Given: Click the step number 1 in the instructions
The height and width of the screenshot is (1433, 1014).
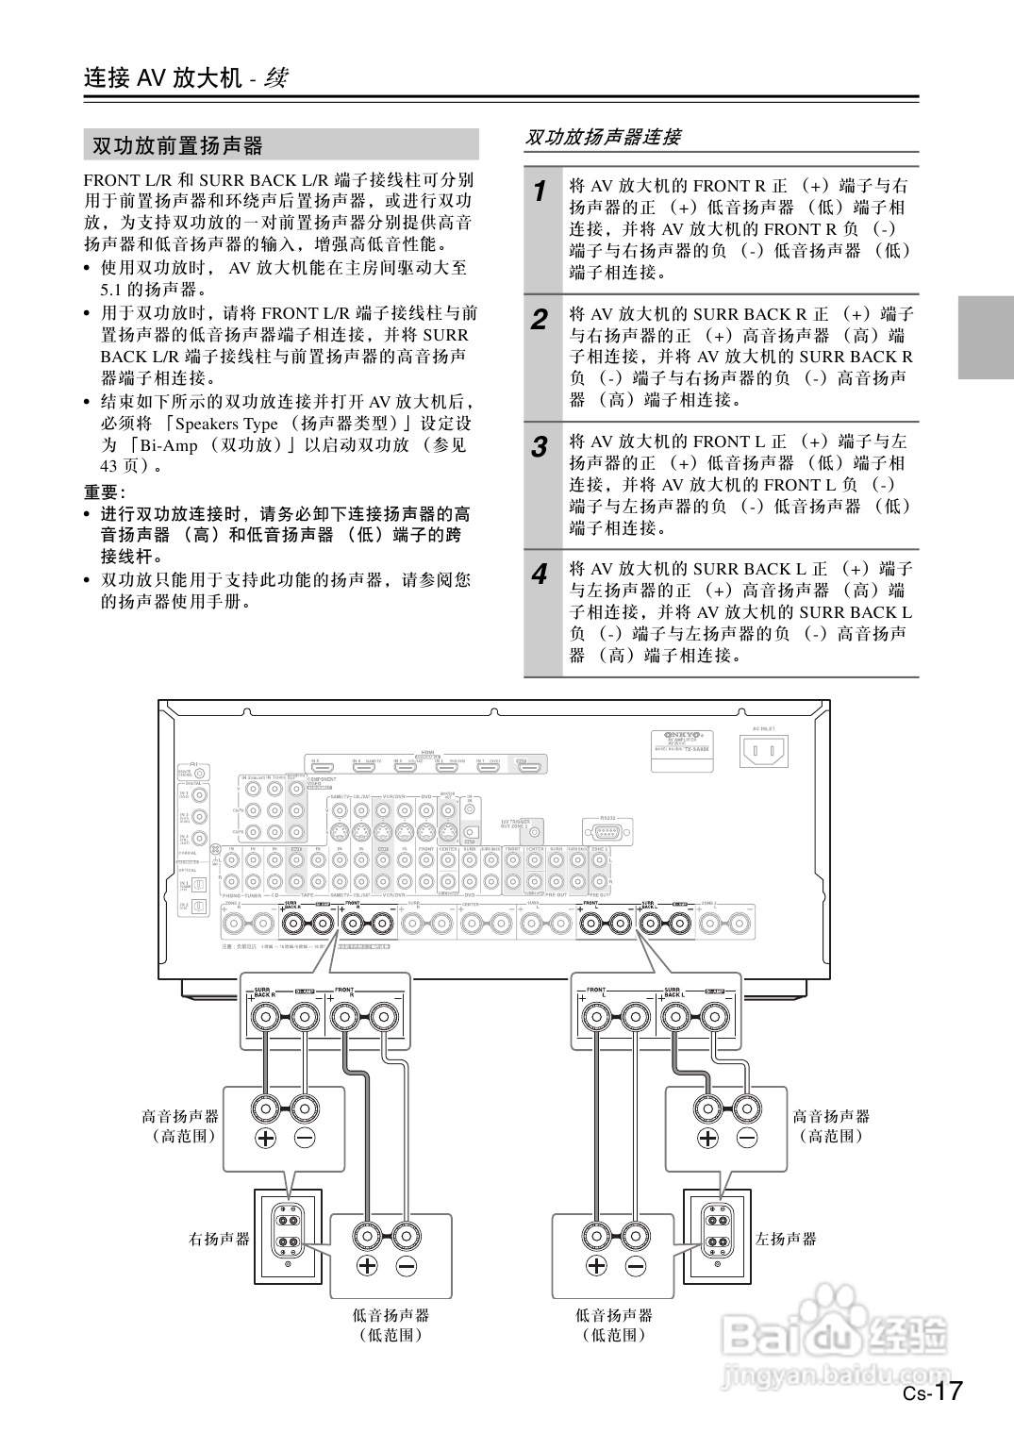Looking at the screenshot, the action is (540, 191).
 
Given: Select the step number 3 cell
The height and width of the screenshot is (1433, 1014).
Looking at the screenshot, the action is (540, 446).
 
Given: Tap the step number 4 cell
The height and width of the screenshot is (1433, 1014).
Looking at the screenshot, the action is (540, 574).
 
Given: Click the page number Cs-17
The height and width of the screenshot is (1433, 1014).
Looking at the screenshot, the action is (932, 1392).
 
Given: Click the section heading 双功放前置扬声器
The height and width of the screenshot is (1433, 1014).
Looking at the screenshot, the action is (177, 145).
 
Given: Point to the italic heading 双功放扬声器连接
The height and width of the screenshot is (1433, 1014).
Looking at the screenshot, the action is (603, 138).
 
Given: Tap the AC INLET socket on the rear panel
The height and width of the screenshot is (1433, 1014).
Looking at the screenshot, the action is (764, 751).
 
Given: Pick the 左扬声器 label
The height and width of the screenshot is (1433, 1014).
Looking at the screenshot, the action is (786, 1239).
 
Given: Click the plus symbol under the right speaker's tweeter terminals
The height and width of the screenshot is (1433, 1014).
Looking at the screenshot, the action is (266, 1138).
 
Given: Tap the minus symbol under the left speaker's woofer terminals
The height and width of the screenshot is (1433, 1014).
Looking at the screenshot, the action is (637, 1266).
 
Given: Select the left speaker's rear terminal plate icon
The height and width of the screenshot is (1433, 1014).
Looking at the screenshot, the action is (718, 1227).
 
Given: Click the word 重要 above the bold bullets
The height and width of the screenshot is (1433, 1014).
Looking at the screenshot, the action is (102, 492).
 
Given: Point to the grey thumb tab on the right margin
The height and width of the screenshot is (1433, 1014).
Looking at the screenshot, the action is (985, 337).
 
